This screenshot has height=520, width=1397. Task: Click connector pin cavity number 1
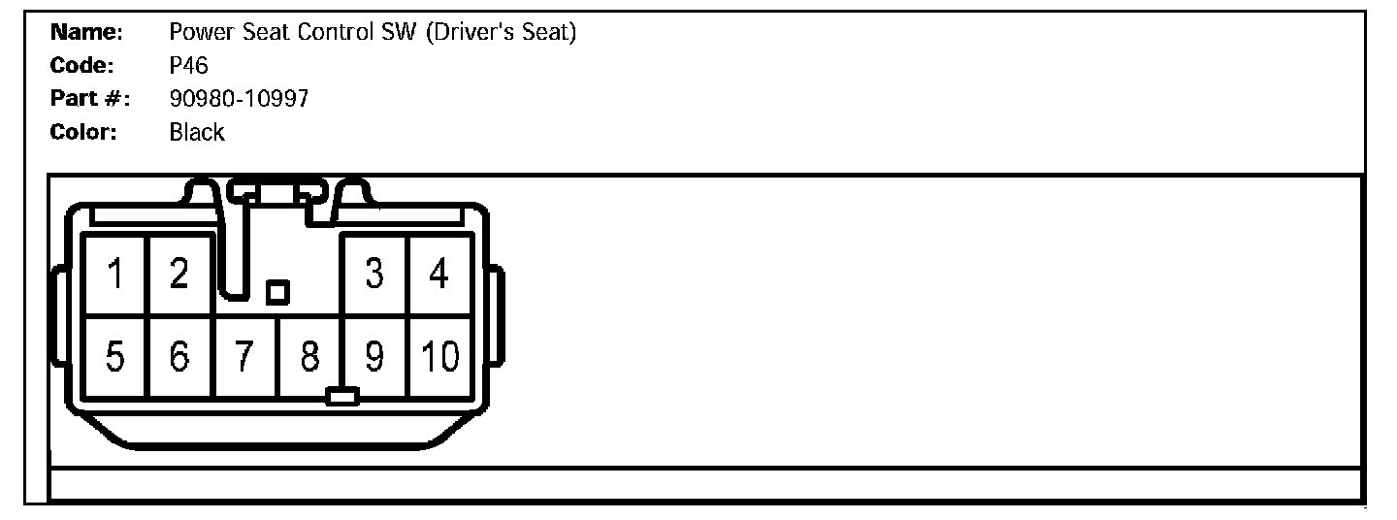pyautogui.click(x=115, y=275)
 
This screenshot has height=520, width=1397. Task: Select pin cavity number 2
pyautogui.click(x=179, y=275)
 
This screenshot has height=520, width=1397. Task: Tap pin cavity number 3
pyautogui.click(x=374, y=275)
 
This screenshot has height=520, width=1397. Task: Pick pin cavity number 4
pyautogui.click(x=439, y=275)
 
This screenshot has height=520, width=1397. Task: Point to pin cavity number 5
pyautogui.click(x=115, y=357)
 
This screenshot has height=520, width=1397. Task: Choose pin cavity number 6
pyautogui.click(x=179, y=357)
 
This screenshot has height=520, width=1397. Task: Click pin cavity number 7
pyautogui.click(x=245, y=357)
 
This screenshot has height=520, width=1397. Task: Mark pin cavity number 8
pyautogui.click(x=309, y=357)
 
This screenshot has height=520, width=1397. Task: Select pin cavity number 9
pyautogui.click(x=374, y=357)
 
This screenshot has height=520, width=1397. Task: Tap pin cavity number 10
pyautogui.click(x=439, y=357)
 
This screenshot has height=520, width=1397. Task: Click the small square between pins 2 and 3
pyautogui.click(x=277, y=292)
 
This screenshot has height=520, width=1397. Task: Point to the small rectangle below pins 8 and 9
pyautogui.click(x=342, y=396)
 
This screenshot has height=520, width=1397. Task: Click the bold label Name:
pyautogui.click(x=86, y=33)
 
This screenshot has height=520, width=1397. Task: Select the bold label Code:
pyautogui.click(x=83, y=66)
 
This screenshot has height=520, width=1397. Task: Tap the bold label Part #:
pyautogui.click(x=90, y=99)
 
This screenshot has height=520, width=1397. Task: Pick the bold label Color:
pyautogui.click(x=84, y=133)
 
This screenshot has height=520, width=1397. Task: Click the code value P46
pyautogui.click(x=189, y=66)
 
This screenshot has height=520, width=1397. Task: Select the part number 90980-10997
pyautogui.click(x=239, y=99)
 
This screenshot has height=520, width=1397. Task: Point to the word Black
pyautogui.click(x=197, y=133)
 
